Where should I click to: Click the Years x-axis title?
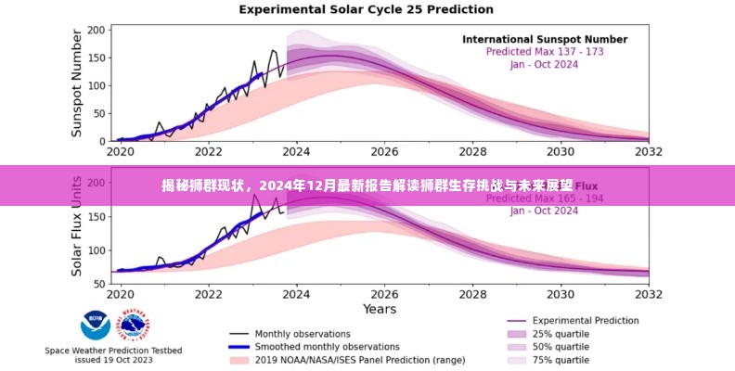380,307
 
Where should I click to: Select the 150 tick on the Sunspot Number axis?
95,57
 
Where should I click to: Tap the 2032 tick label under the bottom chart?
649,293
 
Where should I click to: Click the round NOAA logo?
95,325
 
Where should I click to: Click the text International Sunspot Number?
545,40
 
